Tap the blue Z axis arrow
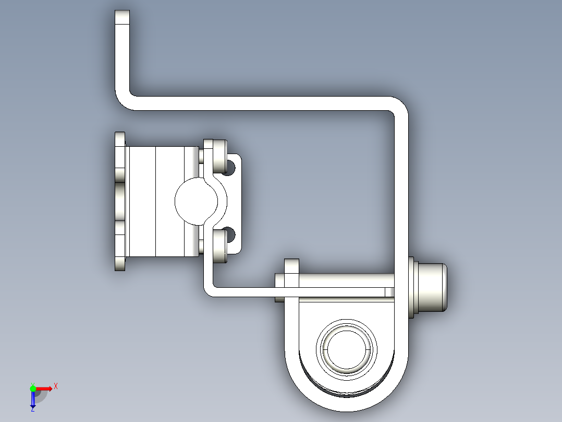[32, 400]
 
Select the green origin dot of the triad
[33, 388]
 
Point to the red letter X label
[56, 386]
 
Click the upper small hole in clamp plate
[230, 167]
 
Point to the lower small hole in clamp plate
[230, 233]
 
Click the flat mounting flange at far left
[120, 201]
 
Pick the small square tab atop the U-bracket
[291, 266]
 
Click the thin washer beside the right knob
[410, 287]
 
